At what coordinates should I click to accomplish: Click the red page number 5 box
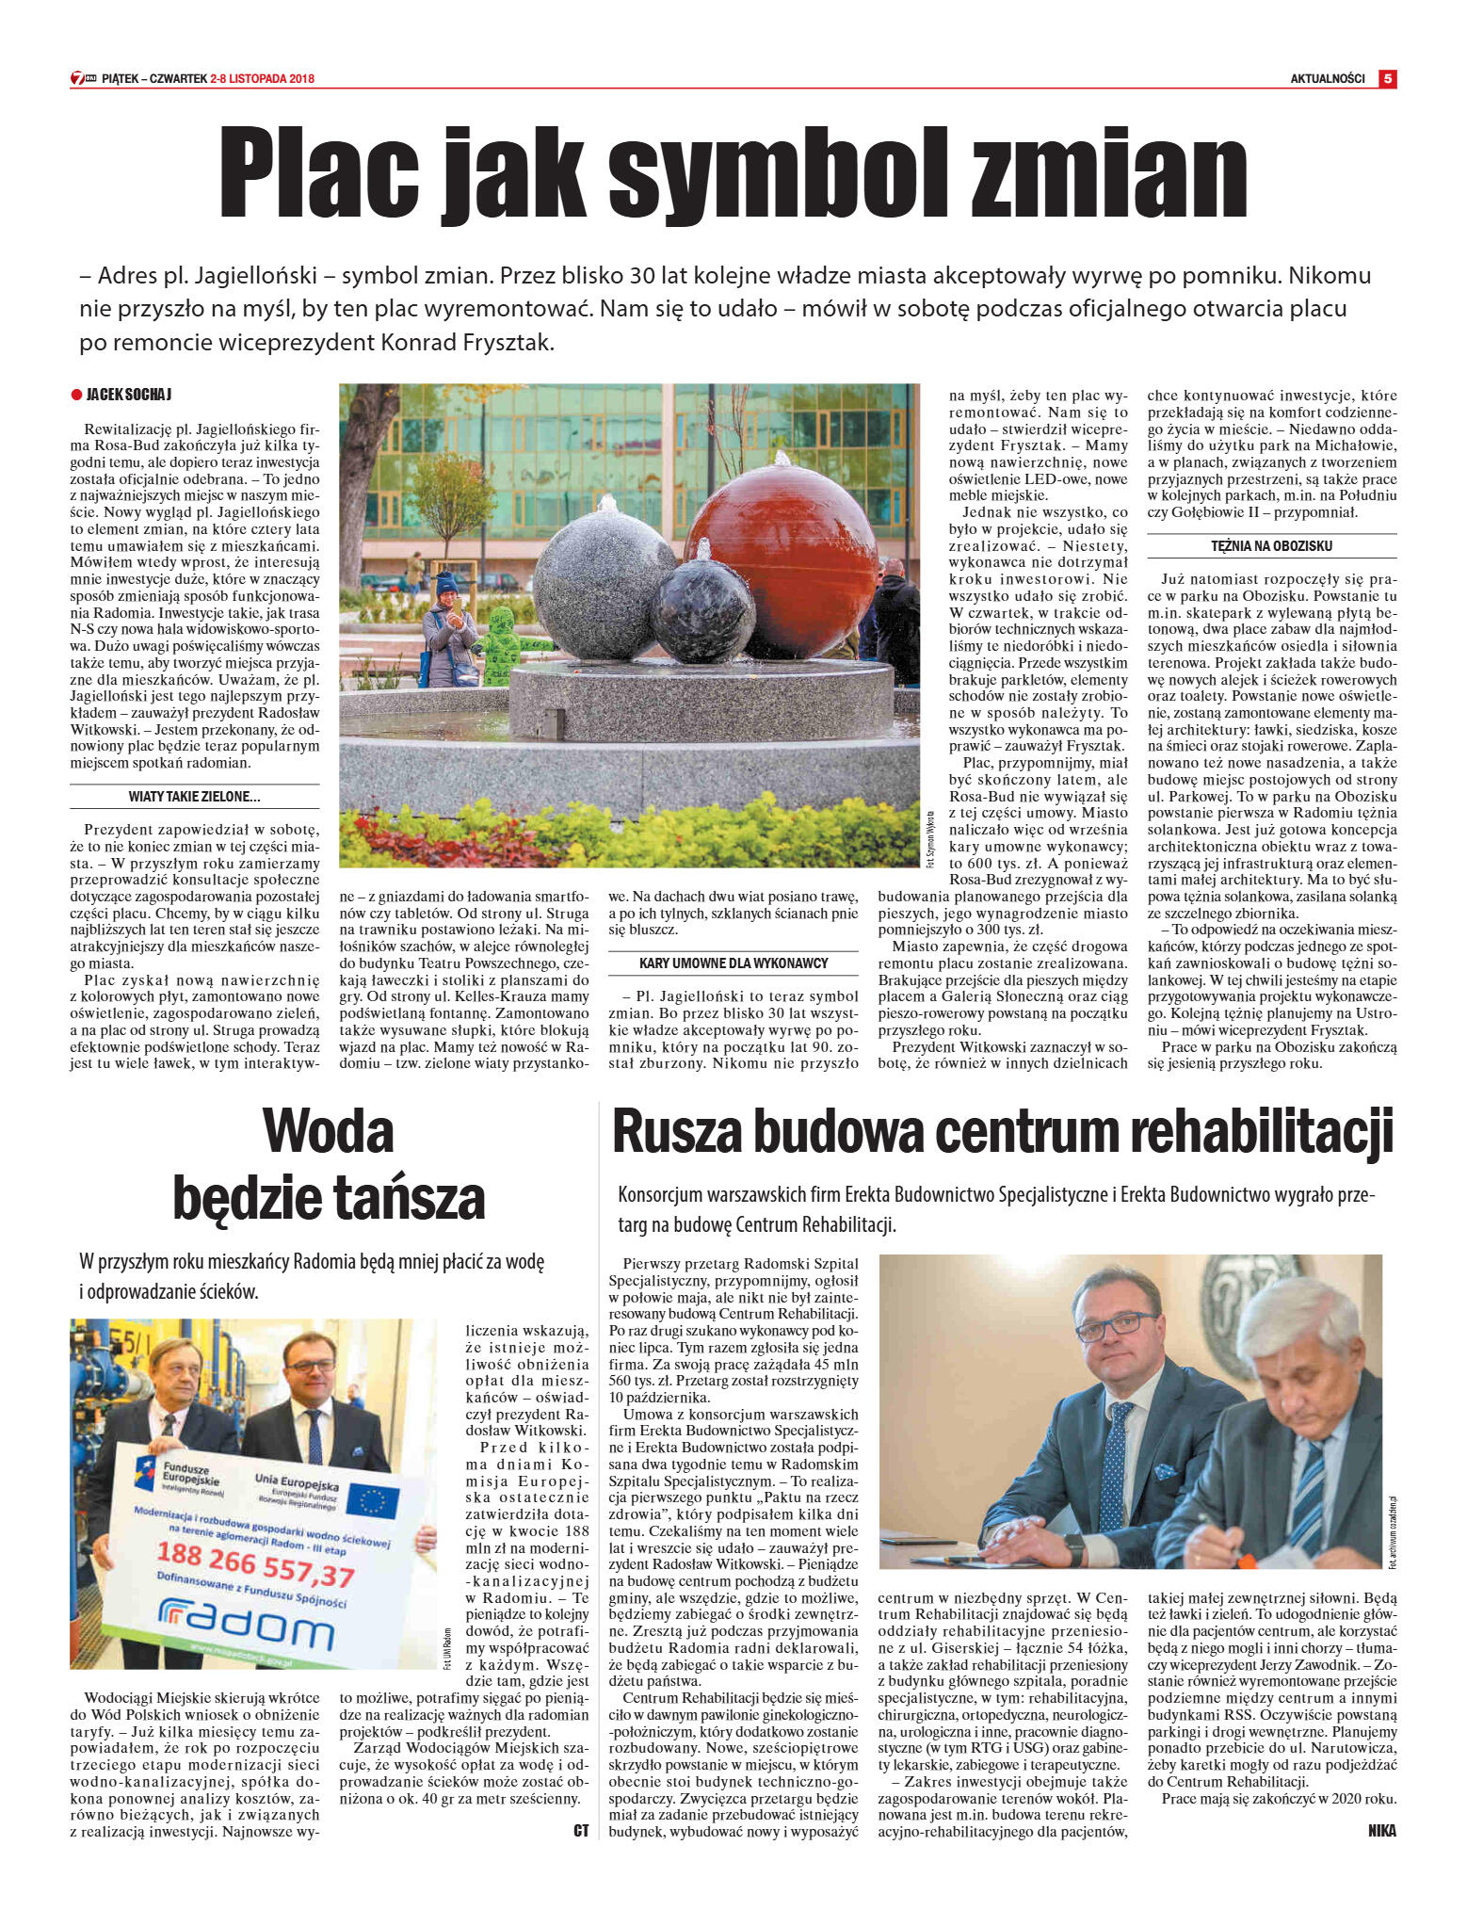click(1387, 79)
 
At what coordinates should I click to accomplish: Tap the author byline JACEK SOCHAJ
click(128, 395)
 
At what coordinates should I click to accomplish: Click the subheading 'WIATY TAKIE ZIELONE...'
click(194, 797)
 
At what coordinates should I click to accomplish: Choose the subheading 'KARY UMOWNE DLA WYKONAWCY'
click(733, 963)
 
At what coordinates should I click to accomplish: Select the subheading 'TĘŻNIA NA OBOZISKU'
click(1271, 546)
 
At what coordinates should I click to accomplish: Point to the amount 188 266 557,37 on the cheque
click(255, 1564)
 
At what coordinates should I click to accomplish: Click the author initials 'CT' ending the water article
click(581, 1830)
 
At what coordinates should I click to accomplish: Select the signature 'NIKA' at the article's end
click(1381, 1830)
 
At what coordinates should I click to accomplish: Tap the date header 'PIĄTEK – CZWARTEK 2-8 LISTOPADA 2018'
click(207, 79)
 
